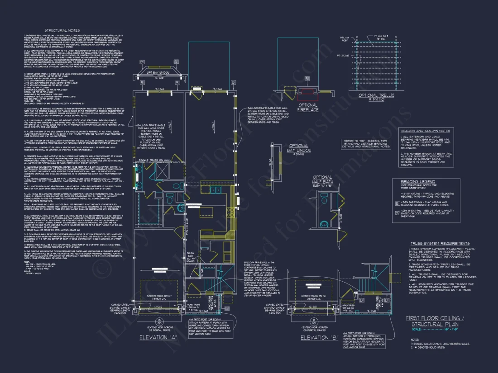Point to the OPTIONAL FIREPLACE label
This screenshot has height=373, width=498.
307,107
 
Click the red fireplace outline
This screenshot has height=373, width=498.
307,91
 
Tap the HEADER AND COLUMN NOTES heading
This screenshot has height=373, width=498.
424,130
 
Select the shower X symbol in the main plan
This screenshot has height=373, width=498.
161,171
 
